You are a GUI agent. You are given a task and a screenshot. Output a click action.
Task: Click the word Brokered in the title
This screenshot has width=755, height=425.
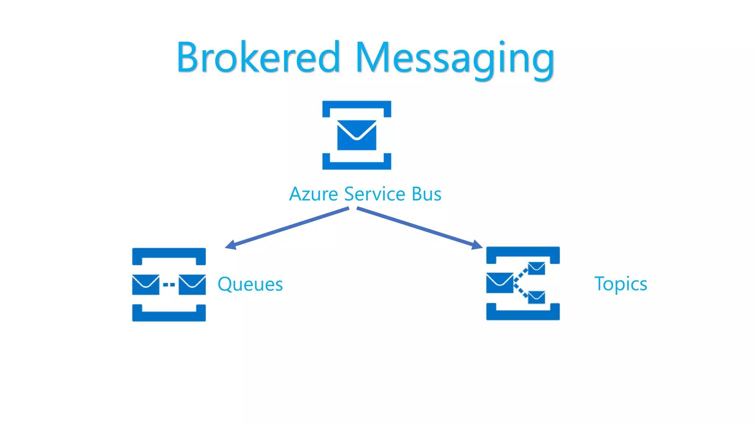(x=258, y=57)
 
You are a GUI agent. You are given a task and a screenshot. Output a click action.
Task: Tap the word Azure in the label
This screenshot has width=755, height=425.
(x=313, y=194)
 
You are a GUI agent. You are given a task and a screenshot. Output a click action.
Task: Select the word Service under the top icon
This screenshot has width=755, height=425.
(x=375, y=194)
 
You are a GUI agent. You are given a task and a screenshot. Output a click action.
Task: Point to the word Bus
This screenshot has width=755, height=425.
(x=426, y=194)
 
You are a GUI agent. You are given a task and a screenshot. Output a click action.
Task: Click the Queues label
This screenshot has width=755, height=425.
(x=250, y=284)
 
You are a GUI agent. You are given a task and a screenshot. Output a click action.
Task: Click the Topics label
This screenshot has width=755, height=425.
(x=620, y=284)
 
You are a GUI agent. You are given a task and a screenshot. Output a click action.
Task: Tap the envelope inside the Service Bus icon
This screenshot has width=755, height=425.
(x=356, y=135)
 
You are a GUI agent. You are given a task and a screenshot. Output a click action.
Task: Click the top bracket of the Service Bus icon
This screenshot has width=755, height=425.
(x=356, y=104)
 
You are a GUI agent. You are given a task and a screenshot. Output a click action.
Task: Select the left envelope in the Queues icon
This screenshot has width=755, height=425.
(x=146, y=284)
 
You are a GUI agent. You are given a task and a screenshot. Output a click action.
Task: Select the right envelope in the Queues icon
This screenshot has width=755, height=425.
(x=192, y=284)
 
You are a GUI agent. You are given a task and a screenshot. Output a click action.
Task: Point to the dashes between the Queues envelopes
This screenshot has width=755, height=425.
(x=169, y=284)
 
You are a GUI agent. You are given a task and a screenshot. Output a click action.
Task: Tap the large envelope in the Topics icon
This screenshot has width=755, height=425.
(x=500, y=283)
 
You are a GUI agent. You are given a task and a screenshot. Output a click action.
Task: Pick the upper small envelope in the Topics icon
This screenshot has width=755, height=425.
(x=536, y=268)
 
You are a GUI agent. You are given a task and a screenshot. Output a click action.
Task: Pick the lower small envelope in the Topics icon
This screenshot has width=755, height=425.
(x=536, y=297)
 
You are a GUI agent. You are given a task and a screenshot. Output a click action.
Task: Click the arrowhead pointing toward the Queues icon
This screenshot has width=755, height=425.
(x=231, y=245)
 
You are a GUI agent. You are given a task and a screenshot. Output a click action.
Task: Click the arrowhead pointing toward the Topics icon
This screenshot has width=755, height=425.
(x=477, y=245)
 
